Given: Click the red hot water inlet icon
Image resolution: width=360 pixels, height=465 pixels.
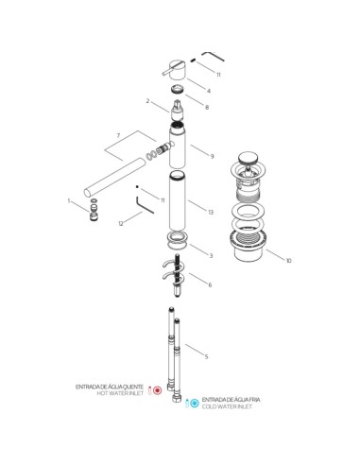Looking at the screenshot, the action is click(x=158, y=390).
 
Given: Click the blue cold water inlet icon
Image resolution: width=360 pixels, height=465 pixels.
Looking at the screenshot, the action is click(x=195, y=403).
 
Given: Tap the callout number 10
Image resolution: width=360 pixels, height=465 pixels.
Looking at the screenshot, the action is click(x=288, y=261).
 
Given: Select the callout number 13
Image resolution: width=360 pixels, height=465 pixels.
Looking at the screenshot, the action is click(x=211, y=212).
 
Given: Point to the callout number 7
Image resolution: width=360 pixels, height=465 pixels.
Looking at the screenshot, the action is click(x=118, y=135).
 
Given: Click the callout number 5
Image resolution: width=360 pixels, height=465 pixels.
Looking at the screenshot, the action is click(x=206, y=356).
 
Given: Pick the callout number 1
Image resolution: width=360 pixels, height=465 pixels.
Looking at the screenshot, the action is click(x=69, y=200).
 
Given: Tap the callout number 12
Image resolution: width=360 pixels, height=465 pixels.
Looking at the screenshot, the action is click(x=121, y=223).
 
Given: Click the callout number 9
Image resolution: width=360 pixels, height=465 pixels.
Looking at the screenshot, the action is click(x=212, y=156).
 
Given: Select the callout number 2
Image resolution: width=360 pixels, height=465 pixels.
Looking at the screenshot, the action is click(x=147, y=101).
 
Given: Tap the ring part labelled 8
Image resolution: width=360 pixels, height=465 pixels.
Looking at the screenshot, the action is click(x=178, y=89).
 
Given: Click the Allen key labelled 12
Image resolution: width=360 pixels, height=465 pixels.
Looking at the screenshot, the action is click(x=145, y=205).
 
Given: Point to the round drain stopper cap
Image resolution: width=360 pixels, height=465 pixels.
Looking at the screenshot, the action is click(x=248, y=157).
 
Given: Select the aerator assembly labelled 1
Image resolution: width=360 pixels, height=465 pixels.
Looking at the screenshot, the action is click(x=94, y=210).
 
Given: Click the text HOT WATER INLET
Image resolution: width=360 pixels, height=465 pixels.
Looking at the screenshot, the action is click(x=120, y=393).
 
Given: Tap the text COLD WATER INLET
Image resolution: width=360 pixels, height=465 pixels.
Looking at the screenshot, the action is click(x=227, y=406).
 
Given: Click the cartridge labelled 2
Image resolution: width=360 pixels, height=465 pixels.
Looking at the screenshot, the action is click(x=178, y=111).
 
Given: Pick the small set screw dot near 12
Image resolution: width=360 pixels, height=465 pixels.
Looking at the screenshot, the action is click(x=137, y=187).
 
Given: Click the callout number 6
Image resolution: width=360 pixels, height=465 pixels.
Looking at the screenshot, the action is click(x=210, y=284).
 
